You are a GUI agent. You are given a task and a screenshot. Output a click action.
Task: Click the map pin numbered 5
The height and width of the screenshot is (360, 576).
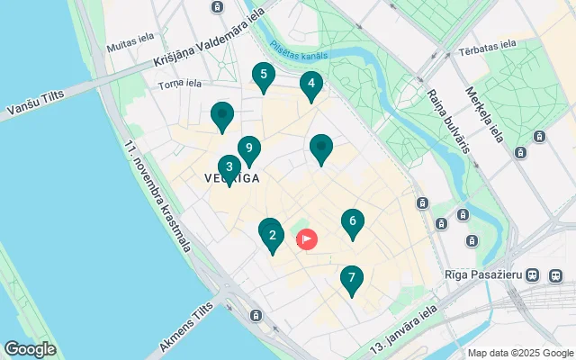click(263, 76)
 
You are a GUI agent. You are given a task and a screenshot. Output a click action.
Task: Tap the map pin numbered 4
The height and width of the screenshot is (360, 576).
click(310, 86)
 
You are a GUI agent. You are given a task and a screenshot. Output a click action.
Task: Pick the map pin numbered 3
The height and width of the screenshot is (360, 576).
click(229, 167)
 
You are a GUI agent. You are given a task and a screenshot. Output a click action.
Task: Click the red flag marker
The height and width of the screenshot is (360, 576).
click(307, 239)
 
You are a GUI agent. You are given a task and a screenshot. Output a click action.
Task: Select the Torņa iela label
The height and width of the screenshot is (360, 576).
click(180, 84)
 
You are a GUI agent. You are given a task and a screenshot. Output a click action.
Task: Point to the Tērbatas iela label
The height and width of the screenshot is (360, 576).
click(487, 43)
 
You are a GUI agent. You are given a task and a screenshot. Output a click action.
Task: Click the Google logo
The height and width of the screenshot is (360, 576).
click(30, 349)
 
